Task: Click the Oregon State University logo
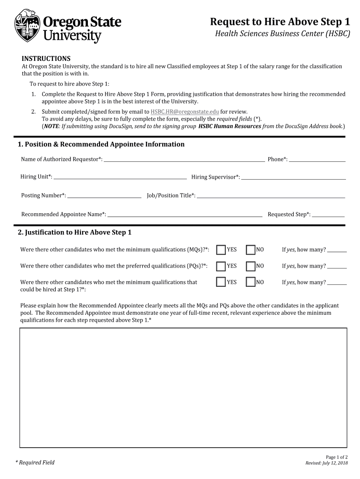point(68,27)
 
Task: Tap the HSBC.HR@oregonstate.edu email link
point(185,112)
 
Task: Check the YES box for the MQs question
point(221,250)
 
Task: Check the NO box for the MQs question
point(251,250)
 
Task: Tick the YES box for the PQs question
point(221,266)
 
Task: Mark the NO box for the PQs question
point(251,266)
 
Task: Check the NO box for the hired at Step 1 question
point(251,283)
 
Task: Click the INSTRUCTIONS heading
point(46,58)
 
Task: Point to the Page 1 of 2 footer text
point(337,457)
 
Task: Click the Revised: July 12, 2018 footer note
point(326,463)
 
